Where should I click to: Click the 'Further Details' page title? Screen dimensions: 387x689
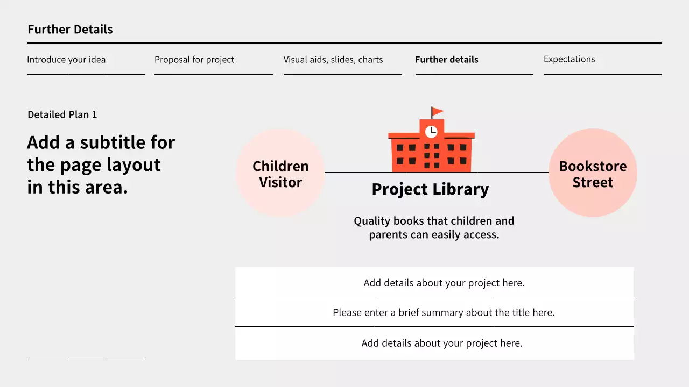(x=70, y=30)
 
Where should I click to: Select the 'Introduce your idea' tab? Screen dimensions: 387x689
(x=66, y=60)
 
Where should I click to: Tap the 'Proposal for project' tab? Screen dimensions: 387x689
(x=194, y=60)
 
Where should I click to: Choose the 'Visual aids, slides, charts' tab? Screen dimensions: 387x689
(x=333, y=60)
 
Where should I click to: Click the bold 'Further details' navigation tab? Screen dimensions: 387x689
(x=447, y=60)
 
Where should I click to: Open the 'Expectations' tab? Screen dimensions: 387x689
(x=569, y=59)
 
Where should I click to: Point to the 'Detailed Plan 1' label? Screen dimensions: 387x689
(x=62, y=114)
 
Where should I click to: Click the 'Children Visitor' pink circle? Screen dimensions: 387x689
(x=280, y=173)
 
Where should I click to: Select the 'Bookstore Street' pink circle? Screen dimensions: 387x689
(x=593, y=173)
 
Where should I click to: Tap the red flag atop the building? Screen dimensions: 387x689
(x=437, y=112)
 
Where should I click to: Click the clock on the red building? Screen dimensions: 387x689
(x=431, y=131)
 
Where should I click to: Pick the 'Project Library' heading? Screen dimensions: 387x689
(x=430, y=189)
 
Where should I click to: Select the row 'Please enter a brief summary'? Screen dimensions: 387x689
(x=444, y=312)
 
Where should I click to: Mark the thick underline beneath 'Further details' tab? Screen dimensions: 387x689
(x=474, y=74)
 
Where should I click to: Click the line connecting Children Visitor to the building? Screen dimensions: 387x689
(x=357, y=173)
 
